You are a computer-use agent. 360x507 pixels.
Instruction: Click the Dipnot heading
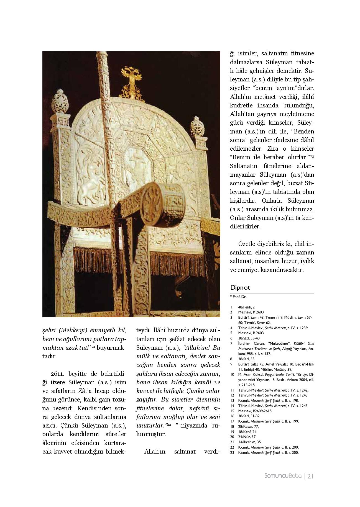tap(240, 287)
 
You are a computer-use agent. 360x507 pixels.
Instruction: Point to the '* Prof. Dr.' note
tap(238, 297)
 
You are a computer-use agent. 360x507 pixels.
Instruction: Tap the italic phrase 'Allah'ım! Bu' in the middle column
tap(202, 348)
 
